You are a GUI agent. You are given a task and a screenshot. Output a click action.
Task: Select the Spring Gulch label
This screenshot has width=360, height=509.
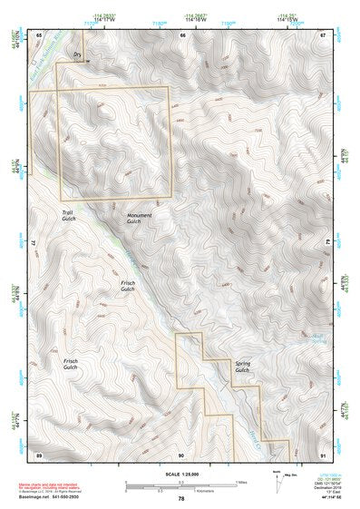pyautogui.click(x=241, y=367)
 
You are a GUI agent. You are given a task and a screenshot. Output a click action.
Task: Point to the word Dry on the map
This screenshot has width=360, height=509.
pyautogui.click(x=77, y=55)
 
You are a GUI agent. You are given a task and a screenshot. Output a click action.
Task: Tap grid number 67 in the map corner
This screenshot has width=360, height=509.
pyautogui.click(x=323, y=34)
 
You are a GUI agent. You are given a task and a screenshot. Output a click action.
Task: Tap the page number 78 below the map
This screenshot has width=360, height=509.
pyautogui.click(x=181, y=498)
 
